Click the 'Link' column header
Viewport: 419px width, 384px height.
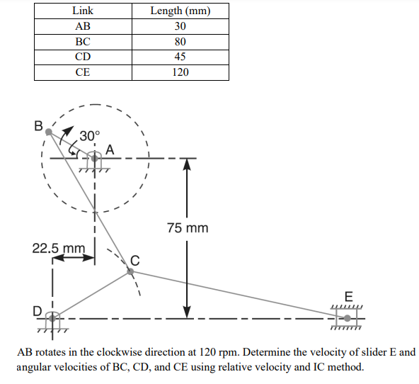(x=83, y=11)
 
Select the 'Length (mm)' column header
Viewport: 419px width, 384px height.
(x=180, y=11)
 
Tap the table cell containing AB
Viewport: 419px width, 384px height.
(x=83, y=26)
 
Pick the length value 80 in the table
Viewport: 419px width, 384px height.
(x=180, y=42)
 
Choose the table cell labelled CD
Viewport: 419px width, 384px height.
(x=83, y=57)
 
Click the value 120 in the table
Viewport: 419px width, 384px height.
(x=180, y=72)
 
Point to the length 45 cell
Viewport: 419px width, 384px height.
(x=180, y=57)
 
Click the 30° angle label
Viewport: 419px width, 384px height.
(x=90, y=135)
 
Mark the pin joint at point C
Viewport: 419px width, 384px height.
(x=130, y=271)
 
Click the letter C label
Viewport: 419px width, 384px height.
(x=134, y=260)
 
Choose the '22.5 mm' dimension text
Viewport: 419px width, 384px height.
(x=59, y=249)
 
